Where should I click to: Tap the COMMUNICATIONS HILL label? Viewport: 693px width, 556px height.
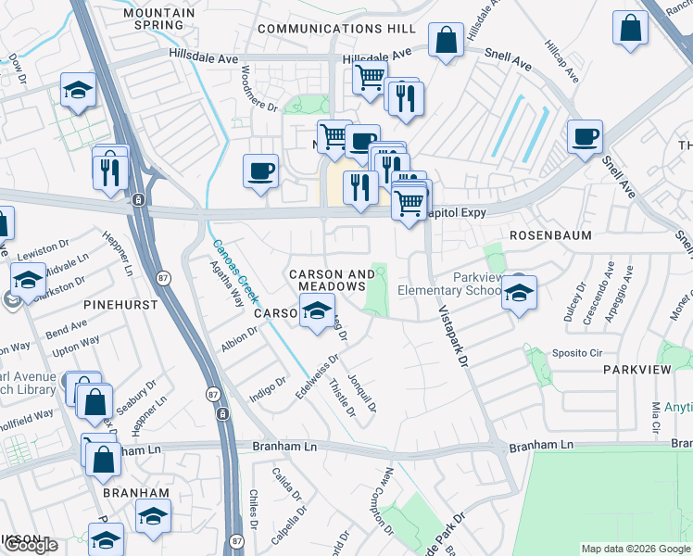(x=336, y=29)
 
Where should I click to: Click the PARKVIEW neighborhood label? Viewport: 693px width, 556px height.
(x=636, y=369)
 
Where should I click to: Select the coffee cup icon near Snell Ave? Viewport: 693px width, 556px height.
(x=584, y=138)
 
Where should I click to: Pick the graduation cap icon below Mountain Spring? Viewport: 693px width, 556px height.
(x=78, y=90)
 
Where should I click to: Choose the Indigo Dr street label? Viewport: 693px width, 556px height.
(x=268, y=389)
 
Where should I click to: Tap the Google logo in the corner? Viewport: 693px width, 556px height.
(x=30, y=545)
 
